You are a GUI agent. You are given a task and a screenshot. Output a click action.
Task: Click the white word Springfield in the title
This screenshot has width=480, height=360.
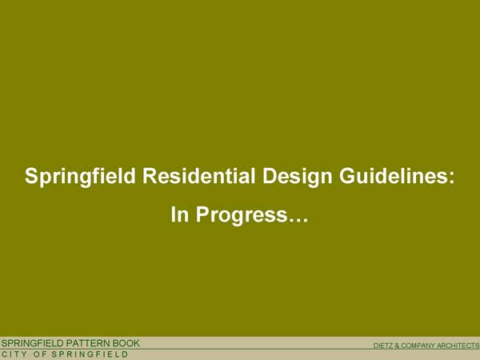pyautogui.click(x=80, y=177)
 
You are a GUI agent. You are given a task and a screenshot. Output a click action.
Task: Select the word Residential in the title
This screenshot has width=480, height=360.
pyautogui.click(x=198, y=176)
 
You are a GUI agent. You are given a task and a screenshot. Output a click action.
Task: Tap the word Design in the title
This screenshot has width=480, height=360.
pyautogui.click(x=297, y=177)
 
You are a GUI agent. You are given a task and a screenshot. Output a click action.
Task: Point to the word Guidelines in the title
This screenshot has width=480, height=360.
pyautogui.click(x=393, y=176)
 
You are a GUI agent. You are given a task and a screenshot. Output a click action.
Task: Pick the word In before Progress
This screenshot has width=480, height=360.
pyautogui.click(x=180, y=214)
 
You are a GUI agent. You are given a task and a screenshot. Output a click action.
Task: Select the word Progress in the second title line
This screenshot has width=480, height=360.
pyautogui.click(x=242, y=215)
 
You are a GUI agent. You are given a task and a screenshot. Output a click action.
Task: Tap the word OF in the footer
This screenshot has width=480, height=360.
pyautogui.click(x=40, y=354)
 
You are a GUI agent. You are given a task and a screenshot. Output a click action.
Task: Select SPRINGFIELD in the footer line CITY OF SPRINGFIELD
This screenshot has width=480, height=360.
pyautogui.click(x=90, y=354)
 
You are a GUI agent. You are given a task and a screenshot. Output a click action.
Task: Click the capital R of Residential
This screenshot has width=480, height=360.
pyautogui.click(x=150, y=176)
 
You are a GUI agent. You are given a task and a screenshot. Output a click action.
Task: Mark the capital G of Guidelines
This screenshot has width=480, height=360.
pyautogui.click(x=346, y=176)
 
